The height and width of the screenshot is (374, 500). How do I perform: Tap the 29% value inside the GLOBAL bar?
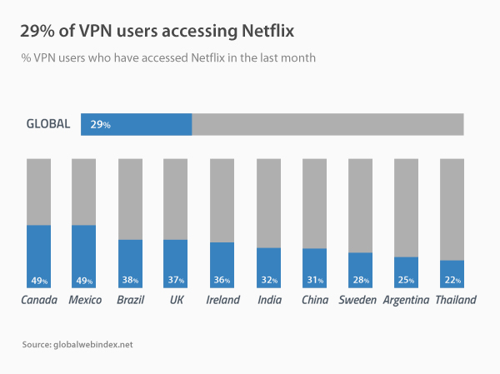click(100, 124)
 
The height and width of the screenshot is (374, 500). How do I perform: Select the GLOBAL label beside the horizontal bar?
click(48, 124)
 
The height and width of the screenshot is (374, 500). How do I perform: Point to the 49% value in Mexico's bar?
click(84, 281)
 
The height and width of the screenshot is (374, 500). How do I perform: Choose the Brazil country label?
click(130, 300)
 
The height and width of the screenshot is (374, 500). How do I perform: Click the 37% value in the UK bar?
click(175, 281)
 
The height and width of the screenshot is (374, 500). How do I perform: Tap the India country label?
click(269, 300)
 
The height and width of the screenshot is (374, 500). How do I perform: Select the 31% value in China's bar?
click(314, 281)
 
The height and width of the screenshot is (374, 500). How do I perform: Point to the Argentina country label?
click(406, 300)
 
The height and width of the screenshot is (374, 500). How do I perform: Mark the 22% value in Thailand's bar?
click(452, 281)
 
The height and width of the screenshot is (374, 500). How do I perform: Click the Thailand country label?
click(455, 300)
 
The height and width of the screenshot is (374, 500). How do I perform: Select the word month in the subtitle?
click(297, 58)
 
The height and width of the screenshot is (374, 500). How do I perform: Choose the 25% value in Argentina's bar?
click(406, 281)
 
